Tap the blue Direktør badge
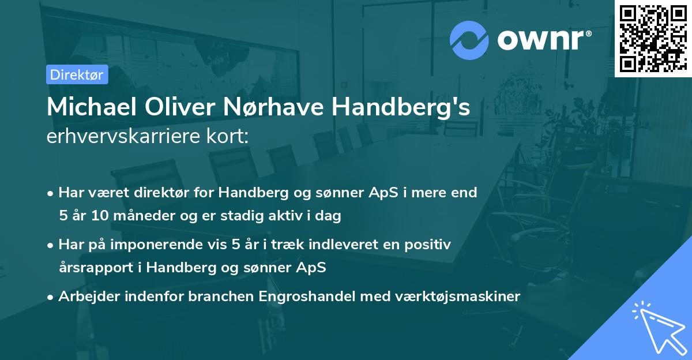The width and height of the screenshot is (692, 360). pyautogui.click(x=77, y=74)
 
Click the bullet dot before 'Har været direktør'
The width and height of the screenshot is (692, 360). pyautogui.click(x=51, y=193)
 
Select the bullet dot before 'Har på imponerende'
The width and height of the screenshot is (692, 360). pyautogui.click(x=51, y=245)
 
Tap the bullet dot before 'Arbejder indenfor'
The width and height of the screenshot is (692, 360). pyautogui.click(x=51, y=297)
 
